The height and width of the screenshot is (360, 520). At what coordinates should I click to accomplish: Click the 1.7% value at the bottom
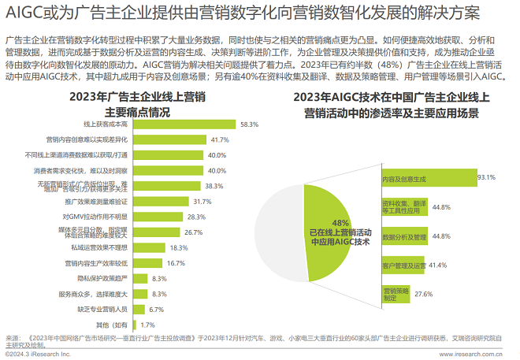tap(147, 325)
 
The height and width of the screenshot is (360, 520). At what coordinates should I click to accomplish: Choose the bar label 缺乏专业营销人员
tap(104, 309)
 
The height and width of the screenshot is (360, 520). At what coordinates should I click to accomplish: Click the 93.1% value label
tap(486, 178)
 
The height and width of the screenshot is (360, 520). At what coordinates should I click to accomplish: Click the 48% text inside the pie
tap(340, 223)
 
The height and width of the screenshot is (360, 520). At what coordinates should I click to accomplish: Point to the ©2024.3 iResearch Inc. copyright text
tap(38, 354)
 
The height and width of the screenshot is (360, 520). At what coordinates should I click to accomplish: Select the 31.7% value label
tap(202, 202)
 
